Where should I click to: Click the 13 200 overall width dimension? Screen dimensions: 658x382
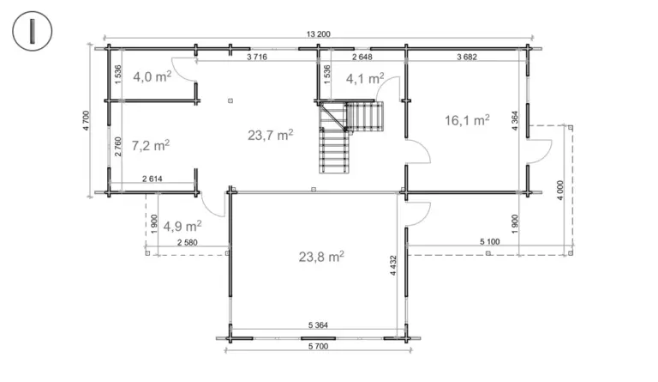[x=319, y=34]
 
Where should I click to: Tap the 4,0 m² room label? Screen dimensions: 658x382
[x=153, y=76]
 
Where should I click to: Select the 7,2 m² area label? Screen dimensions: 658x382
[x=151, y=145]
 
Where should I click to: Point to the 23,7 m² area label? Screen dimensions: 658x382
[x=270, y=135]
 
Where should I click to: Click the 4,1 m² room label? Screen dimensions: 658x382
[x=365, y=78]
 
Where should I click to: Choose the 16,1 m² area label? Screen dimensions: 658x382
[x=467, y=120]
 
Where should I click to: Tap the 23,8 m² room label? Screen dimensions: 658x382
[x=321, y=257]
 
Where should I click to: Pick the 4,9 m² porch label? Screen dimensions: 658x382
[x=182, y=226]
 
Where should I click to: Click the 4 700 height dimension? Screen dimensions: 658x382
[x=86, y=121]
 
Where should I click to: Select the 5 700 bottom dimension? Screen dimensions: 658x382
[x=319, y=346]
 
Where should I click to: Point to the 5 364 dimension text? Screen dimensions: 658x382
[x=318, y=324]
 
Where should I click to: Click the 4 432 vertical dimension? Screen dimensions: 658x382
[x=393, y=265]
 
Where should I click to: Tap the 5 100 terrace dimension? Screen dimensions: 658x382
[x=490, y=241]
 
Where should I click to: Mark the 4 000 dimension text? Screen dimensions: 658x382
[x=560, y=190]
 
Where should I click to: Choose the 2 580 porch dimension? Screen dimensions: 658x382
[x=187, y=242]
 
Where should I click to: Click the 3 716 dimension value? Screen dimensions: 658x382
[x=257, y=57]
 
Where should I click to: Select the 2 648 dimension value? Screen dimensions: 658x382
[x=362, y=57]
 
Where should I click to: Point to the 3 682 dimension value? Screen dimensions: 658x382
[x=467, y=57]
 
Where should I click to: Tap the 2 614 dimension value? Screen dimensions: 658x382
[x=153, y=179]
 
